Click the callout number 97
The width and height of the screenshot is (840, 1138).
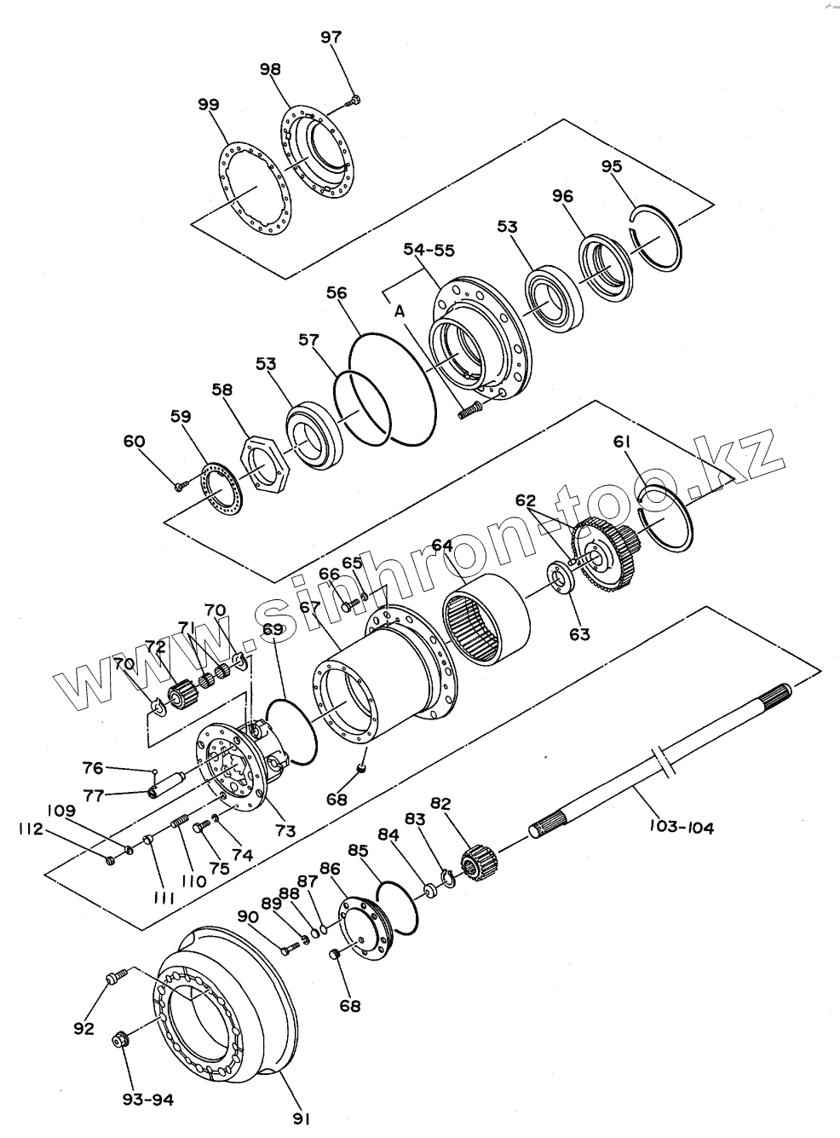tap(331, 37)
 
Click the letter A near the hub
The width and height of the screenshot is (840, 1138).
tap(400, 312)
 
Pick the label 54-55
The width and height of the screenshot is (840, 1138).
tap(429, 250)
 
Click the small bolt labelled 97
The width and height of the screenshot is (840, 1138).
tap(354, 101)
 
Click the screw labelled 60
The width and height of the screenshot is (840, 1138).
tap(180, 487)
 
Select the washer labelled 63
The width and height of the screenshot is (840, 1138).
tap(560, 580)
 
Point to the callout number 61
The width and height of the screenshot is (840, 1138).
tap(623, 441)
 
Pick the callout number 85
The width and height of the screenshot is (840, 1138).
tap(358, 850)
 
